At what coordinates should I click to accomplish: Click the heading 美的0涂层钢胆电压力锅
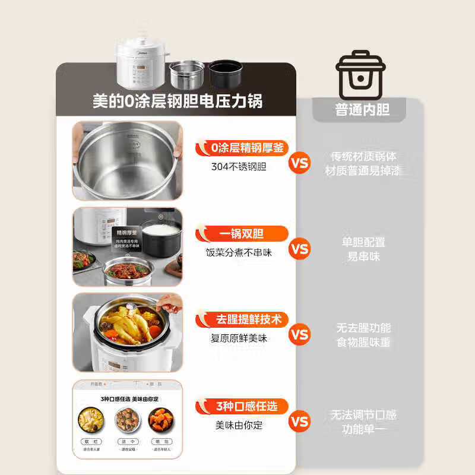coord(177,102)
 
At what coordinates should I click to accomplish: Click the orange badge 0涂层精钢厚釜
coord(242,148)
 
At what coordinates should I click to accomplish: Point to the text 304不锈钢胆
coord(239,167)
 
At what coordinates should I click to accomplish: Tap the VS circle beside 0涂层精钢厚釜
coord(300,162)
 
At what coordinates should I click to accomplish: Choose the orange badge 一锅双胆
coord(242,233)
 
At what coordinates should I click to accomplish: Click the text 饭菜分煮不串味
coord(239,252)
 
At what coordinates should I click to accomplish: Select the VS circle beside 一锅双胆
coord(300,248)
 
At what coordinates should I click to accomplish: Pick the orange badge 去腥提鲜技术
coord(242,319)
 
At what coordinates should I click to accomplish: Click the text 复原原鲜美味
coord(239,338)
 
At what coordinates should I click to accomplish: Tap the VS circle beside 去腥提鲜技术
coord(300,334)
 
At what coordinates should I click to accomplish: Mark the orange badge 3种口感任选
coord(242,407)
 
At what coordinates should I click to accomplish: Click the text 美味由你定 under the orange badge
coord(239,425)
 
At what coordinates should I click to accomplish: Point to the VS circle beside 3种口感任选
coord(300,421)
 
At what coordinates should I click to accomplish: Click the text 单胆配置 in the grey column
coord(363,242)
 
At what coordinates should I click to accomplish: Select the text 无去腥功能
coord(363,328)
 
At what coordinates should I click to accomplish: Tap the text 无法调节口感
coord(363,414)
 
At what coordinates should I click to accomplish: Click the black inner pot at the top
coord(225,74)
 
